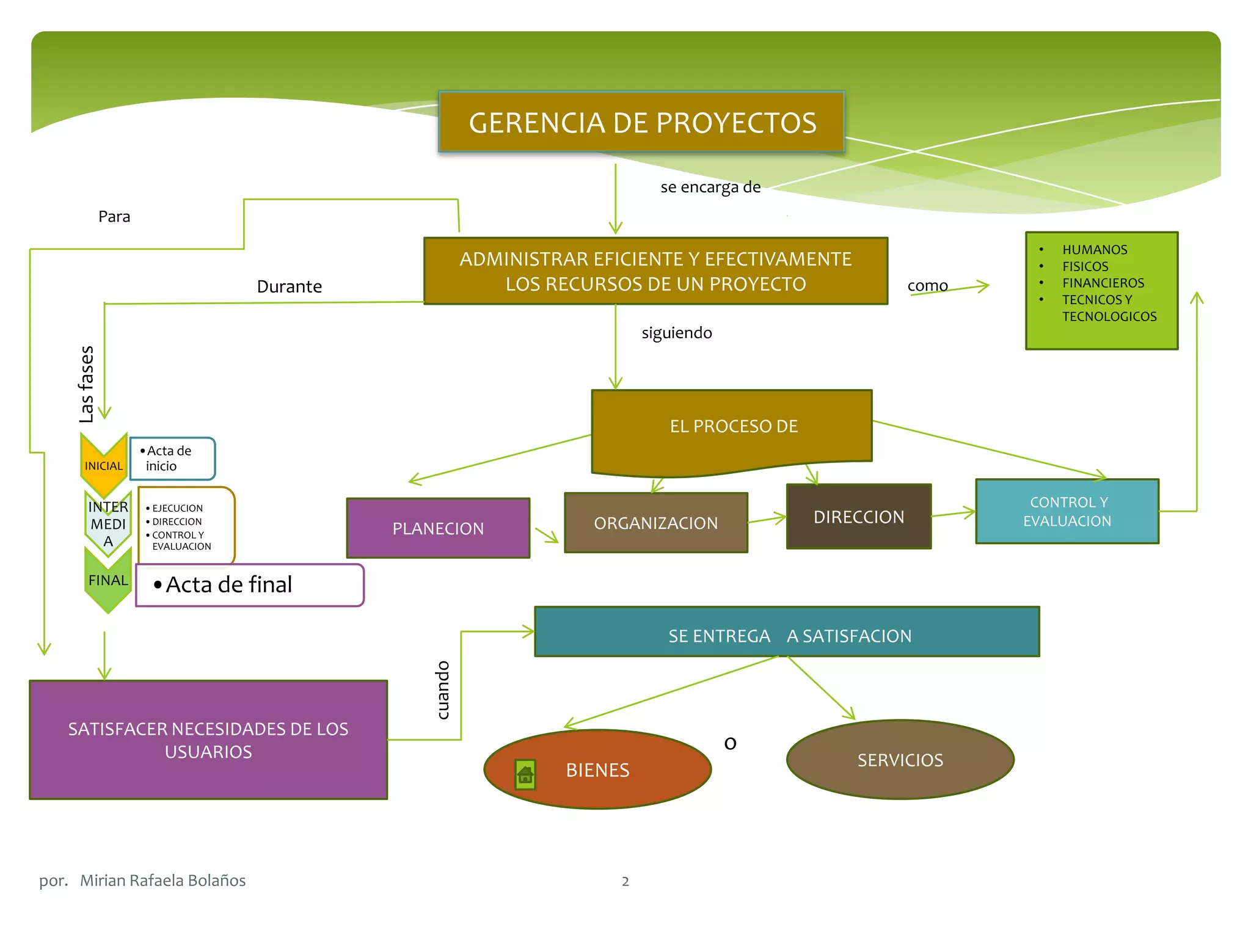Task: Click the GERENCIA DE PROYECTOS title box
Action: click(x=641, y=122)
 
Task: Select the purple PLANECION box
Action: click(x=438, y=528)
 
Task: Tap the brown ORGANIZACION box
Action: click(x=655, y=523)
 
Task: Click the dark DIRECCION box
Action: click(x=858, y=517)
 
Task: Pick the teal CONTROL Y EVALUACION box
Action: click(x=1067, y=511)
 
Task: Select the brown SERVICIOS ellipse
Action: click(x=900, y=760)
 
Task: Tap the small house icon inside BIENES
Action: click(x=525, y=774)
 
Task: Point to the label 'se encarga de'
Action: click(x=710, y=187)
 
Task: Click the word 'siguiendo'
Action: click(x=676, y=333)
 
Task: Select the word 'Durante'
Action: click(x=289, y=286)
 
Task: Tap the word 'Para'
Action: click(x=114, y=217)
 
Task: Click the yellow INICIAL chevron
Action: click(x=103, y=465)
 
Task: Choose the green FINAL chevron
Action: click(x=108, y=580)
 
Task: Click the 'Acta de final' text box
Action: click(x=249, y=585)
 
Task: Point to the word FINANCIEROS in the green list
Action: click(x=1103, y=283)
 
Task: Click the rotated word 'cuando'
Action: click(x=443, y=690)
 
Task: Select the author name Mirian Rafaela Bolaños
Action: click(x=162, y=880)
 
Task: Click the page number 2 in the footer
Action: click(x=625, y=881)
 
